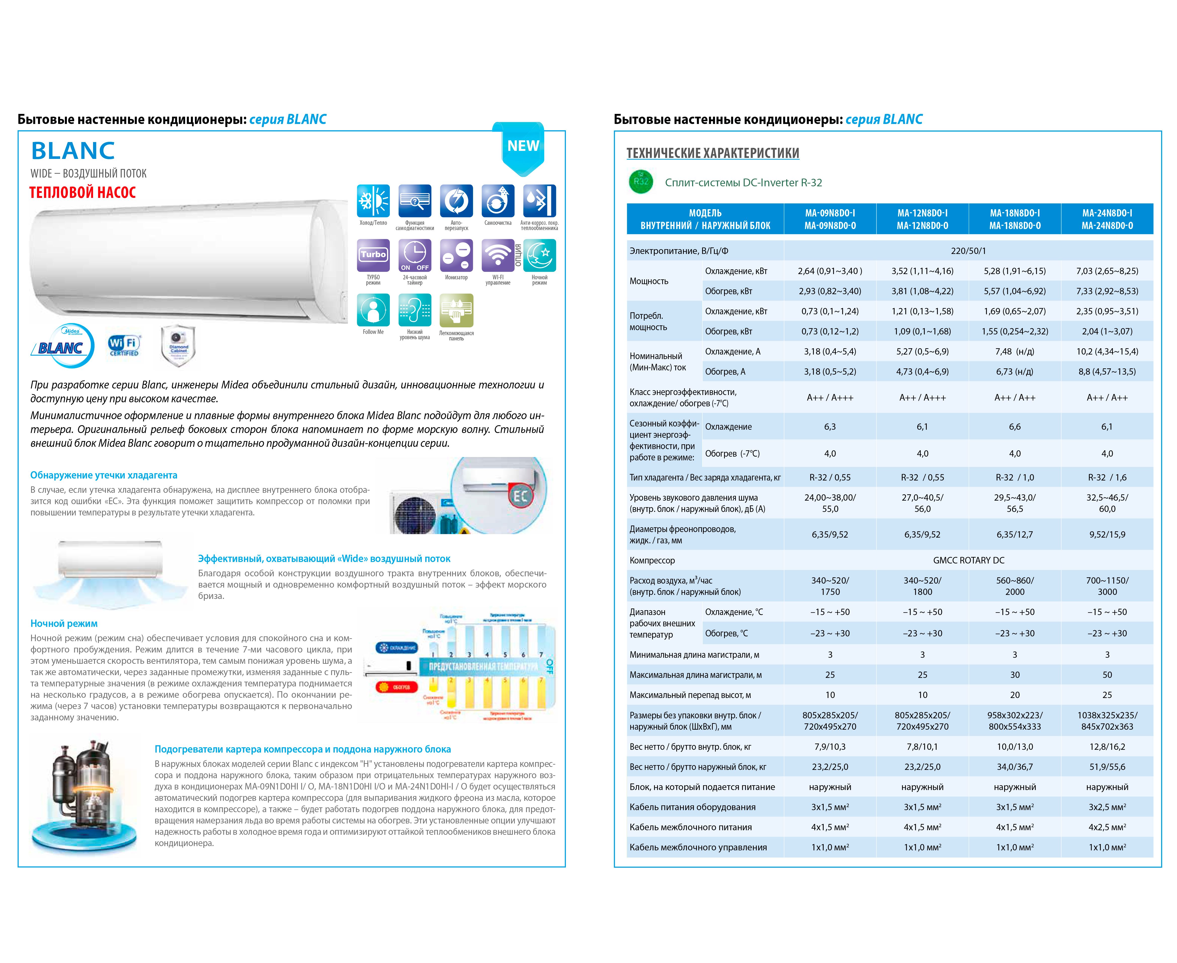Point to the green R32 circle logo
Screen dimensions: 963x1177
coord(641,182)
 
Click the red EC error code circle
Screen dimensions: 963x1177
coord(520,495)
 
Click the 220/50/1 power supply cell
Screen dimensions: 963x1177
coord(968,251)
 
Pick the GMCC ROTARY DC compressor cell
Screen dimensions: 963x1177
coord(968,560)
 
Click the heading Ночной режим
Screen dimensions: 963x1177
coord(64,624)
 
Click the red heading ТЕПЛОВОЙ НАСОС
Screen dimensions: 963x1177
coord(82,193)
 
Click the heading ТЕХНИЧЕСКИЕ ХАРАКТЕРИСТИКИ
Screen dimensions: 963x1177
coord(712,153)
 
